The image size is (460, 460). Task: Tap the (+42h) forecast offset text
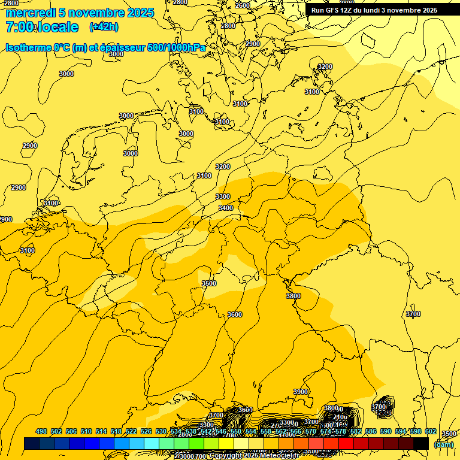click(104, 26)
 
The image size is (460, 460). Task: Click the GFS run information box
click(374, 10)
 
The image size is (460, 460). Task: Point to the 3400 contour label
click(226, 208)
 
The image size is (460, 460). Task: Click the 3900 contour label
click(301, 392)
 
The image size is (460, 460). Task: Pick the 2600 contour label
click(243, 5)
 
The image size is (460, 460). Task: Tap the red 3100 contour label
click(312, 92)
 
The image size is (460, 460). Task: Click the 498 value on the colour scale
click(41, 431)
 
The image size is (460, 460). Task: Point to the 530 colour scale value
click(161, 431)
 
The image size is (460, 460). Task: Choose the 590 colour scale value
click(370, 431)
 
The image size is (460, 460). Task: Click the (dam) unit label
click(443, 444)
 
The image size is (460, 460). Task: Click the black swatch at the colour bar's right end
click(421, 444)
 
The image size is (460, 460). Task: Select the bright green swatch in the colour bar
click(196, 444)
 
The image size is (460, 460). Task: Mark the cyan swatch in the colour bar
click(152, 444)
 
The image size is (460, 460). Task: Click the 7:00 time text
click(19, 27)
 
